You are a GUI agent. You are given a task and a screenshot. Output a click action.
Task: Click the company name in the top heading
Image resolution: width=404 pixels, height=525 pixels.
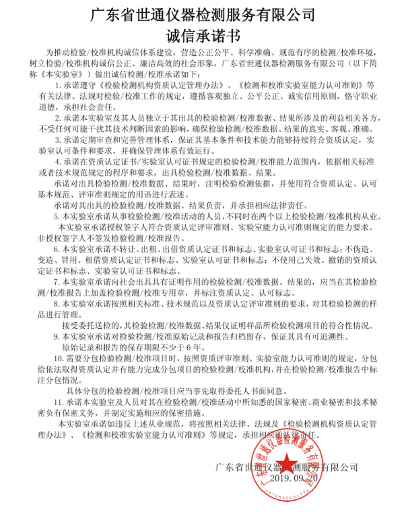pyautogui.click(x=202, y=13)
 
